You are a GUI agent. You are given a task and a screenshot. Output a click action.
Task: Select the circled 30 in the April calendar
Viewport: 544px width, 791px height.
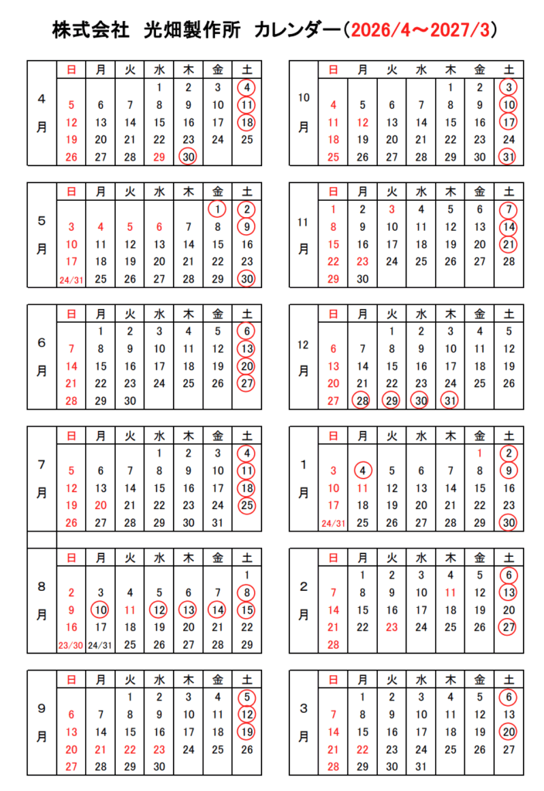pos(188,155)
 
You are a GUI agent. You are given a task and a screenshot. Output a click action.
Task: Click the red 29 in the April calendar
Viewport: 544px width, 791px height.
pos(158,155)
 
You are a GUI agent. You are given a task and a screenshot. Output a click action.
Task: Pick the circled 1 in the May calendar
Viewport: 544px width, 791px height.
pos(218,208)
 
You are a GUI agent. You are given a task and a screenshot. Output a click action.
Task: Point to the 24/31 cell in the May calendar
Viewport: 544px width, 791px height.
pos(71,280)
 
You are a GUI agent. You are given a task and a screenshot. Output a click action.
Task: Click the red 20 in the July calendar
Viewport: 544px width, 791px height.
pos(100,504)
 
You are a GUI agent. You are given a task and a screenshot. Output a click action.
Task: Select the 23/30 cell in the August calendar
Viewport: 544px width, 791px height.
pos(71,645)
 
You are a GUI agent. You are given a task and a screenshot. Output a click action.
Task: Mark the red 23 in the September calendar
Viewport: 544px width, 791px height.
pos(158,749)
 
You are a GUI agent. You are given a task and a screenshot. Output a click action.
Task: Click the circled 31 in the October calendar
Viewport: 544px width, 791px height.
pos(508,157)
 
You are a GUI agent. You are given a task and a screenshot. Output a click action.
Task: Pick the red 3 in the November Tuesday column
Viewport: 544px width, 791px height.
pos(392,209)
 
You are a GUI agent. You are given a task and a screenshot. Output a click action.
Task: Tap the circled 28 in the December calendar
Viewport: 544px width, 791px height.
pos(362,400)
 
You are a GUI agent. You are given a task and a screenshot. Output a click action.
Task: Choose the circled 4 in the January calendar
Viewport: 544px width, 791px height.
pos(362,470)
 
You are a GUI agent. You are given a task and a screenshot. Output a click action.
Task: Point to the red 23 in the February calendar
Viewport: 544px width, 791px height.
pos(392,627)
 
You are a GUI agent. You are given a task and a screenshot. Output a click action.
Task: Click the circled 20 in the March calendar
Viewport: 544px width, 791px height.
pos(508,731)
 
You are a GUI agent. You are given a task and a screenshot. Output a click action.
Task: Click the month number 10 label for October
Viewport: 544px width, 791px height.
pos(304,97)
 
